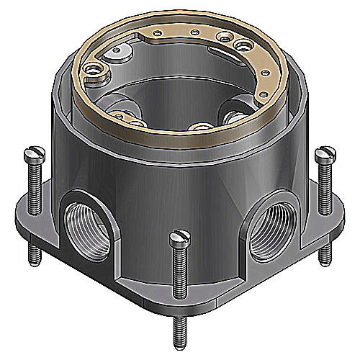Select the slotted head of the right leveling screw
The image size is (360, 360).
tap(325, 153)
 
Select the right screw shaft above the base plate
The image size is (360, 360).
tap(325, 184)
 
